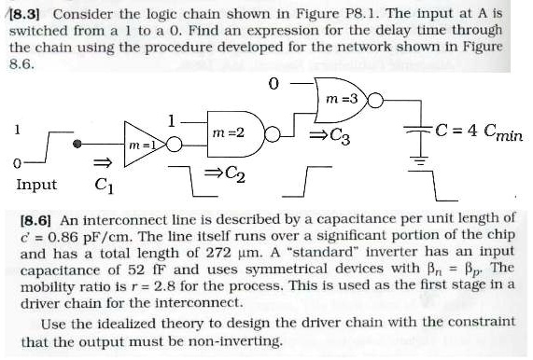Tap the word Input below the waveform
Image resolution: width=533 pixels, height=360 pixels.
tap(36, 185)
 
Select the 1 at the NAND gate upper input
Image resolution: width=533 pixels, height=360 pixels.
tap(171, 118)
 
